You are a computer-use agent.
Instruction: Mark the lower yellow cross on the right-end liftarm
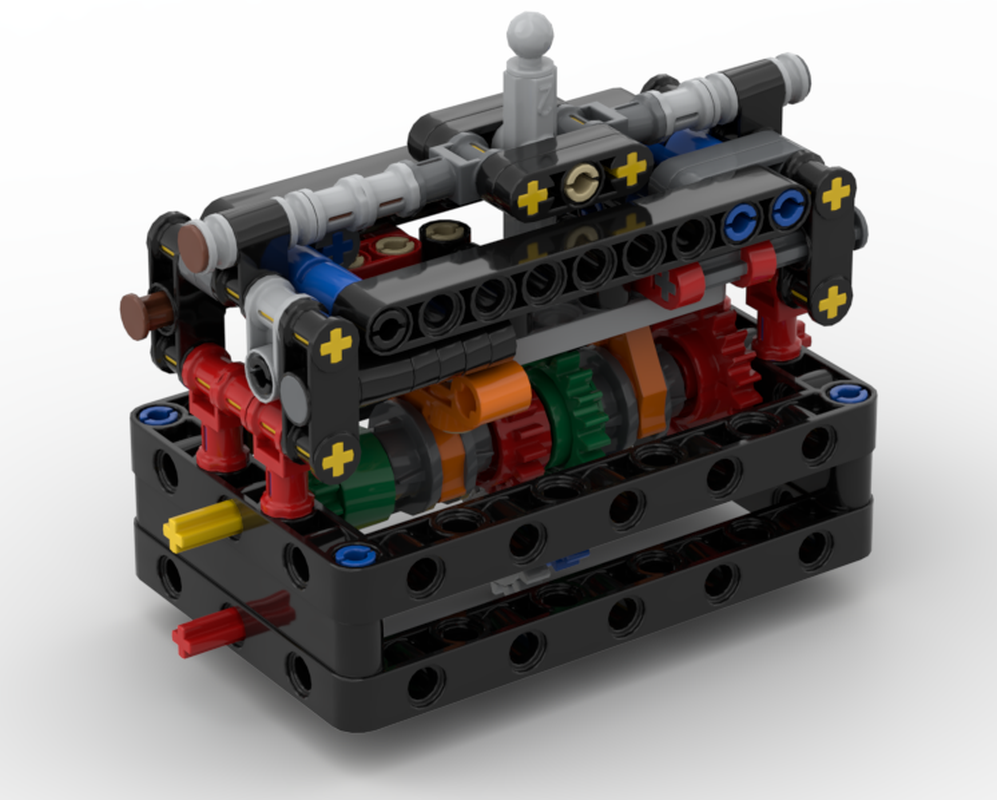pyautogui.click(x=832, y=299)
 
